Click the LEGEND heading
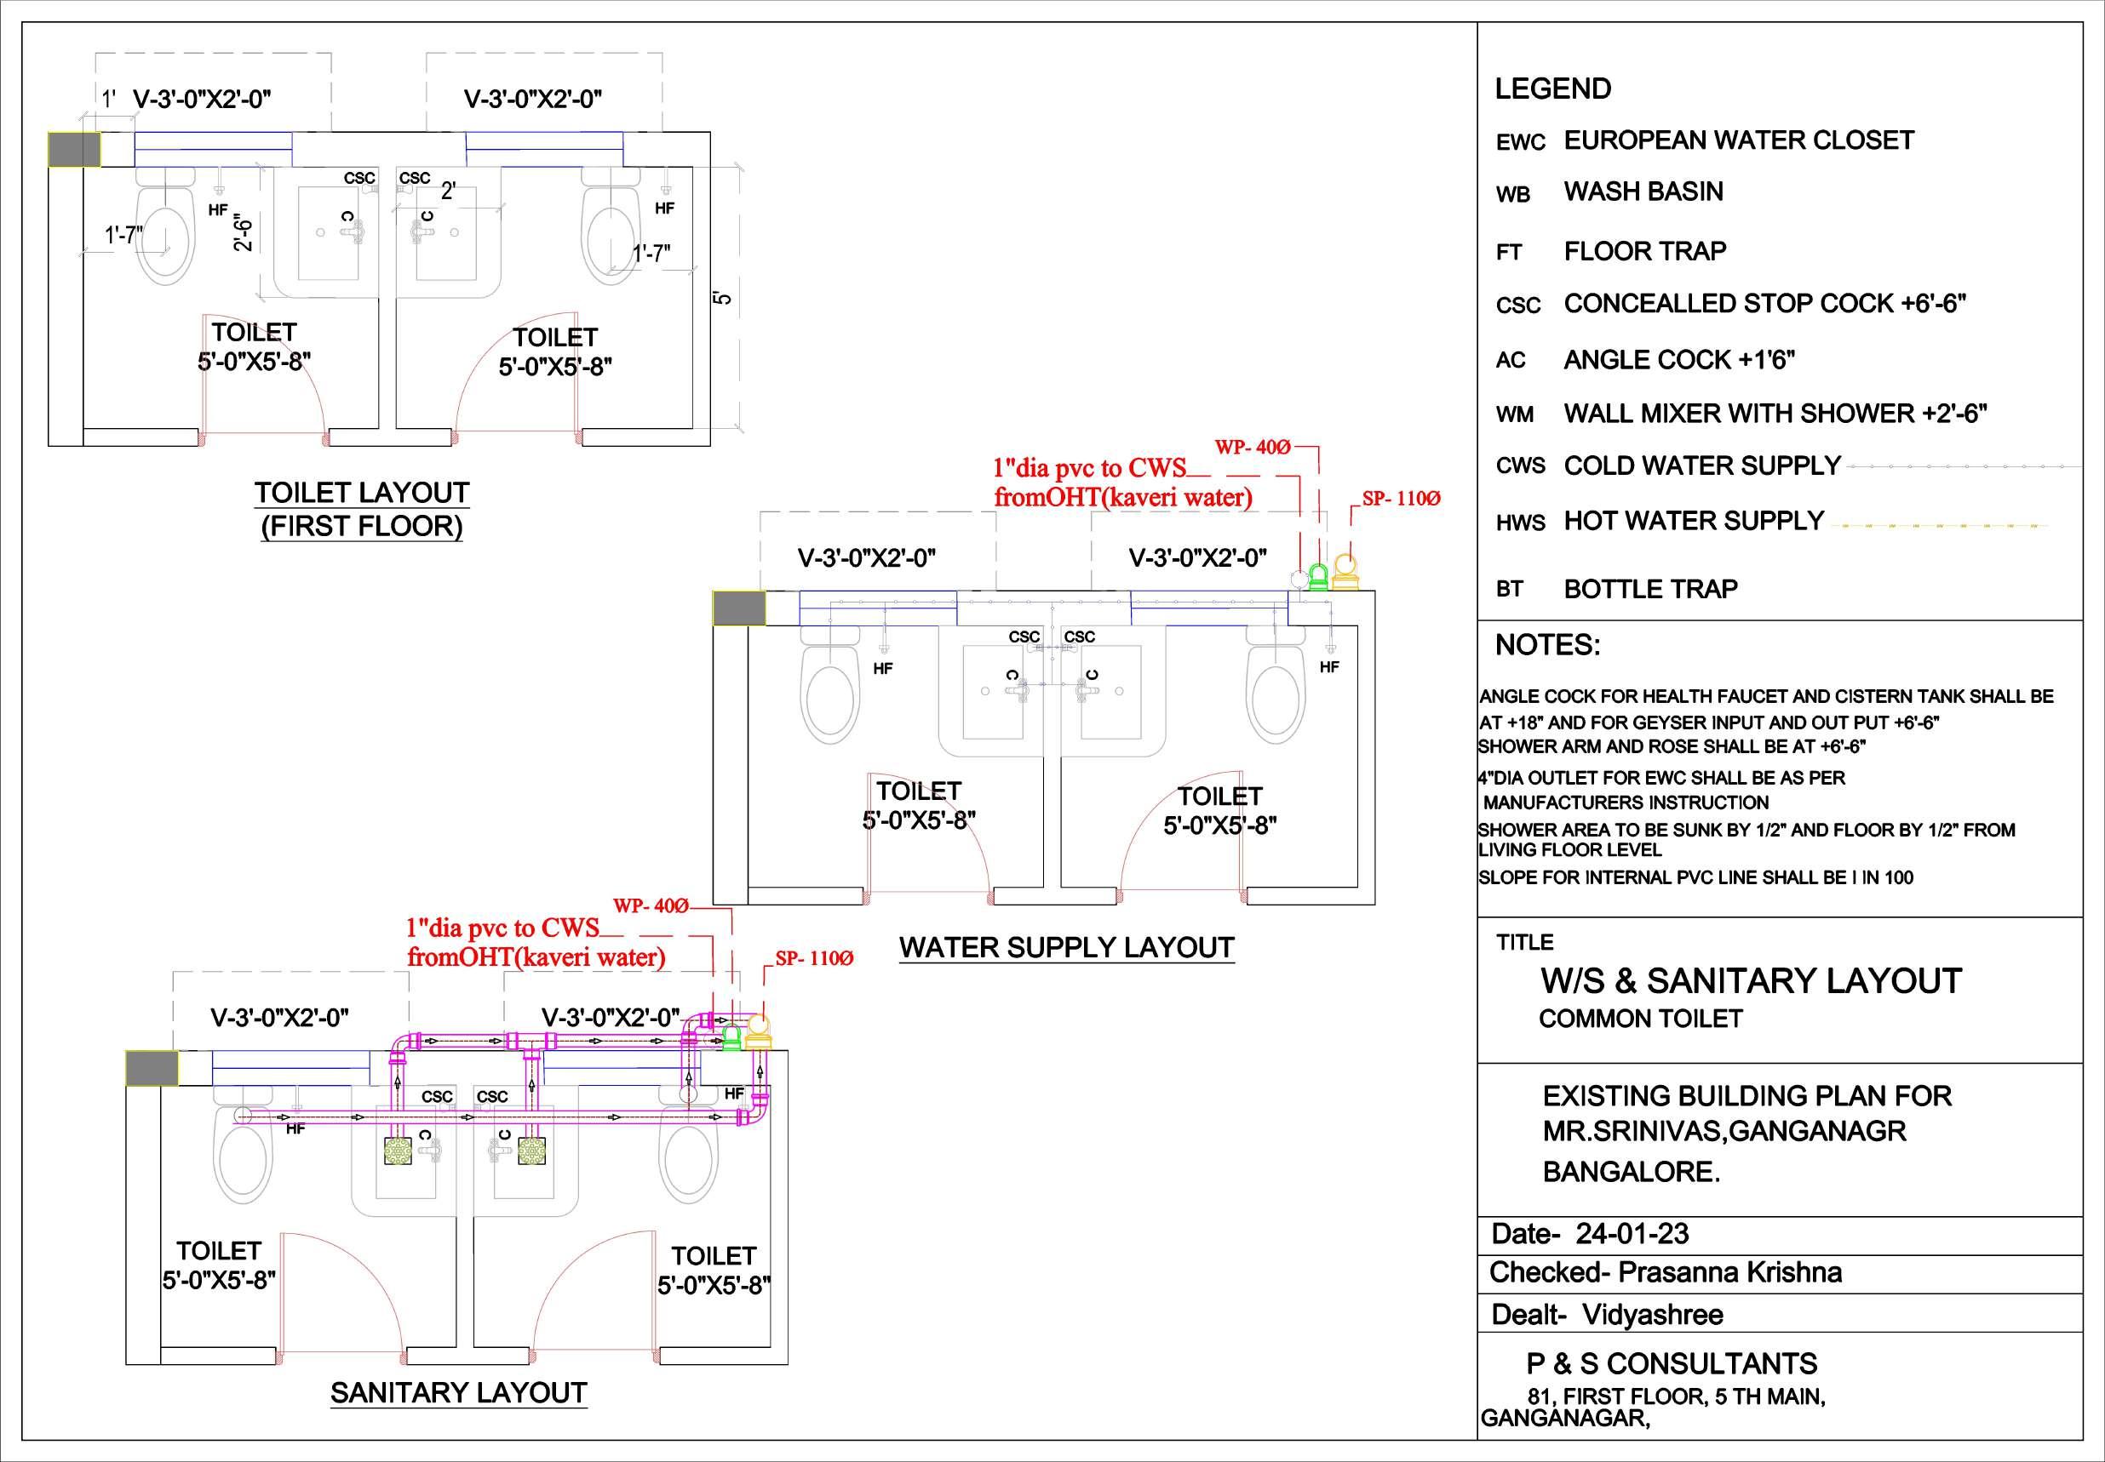(x=1552, y=89)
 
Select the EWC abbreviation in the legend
(x=1520, y=143)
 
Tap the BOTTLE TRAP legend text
(x=1650, y=589)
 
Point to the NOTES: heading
(x=1547, y=645)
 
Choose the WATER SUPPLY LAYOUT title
(x=1067, y=947)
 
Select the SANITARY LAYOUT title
(x=458, y=1392)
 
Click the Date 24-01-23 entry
(x=1589, y=1234)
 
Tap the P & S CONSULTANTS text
(x=1672, y=1363)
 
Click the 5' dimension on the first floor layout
(x=723, y=298)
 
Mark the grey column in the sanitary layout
(x=152, y=1068)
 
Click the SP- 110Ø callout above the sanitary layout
(x=814, y=958)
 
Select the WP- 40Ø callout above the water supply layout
(x=1252, y=447)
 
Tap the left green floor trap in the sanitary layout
(x=398, y=1151)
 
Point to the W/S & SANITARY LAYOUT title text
(x=1751, y=981)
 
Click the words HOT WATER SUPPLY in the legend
(x=1694, y=520)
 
